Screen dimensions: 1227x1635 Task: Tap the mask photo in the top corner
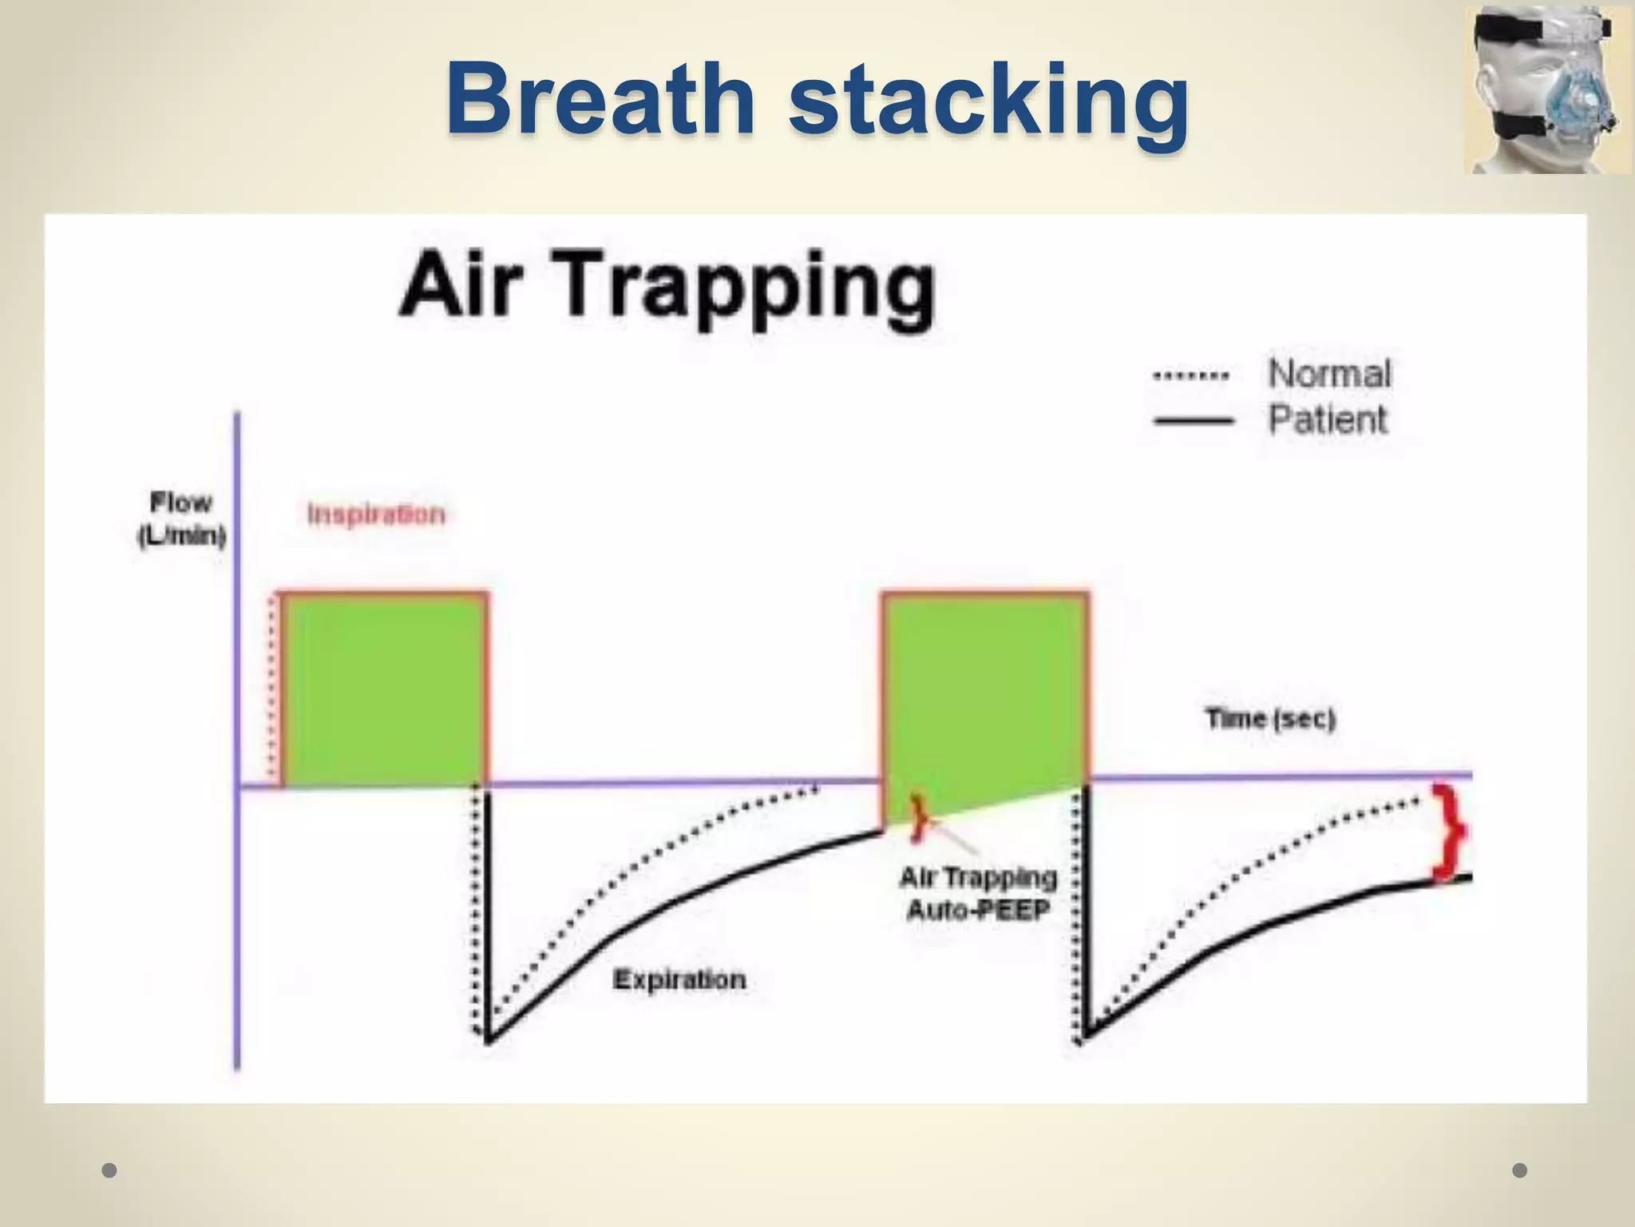(1546, 89)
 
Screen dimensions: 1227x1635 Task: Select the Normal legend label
(1329, 374)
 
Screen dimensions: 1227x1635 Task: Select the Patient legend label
(1328, 419)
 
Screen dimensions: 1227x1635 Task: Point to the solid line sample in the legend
(1193, 420)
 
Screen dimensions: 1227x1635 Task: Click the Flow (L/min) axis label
(181, 519)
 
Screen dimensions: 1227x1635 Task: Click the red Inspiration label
(376, 514)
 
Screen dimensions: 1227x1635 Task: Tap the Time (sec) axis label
(1269, 719)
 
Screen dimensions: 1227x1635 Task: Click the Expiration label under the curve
(679, 979)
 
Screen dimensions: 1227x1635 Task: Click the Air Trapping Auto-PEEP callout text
(978, 893)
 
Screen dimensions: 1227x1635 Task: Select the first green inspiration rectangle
(383, 689)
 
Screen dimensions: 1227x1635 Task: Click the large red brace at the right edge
(1448, 832)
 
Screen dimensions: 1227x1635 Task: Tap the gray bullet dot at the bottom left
(110, 1170)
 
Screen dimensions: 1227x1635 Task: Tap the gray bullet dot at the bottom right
(1520, 1170)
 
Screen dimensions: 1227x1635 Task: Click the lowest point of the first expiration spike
(487, 1041)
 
